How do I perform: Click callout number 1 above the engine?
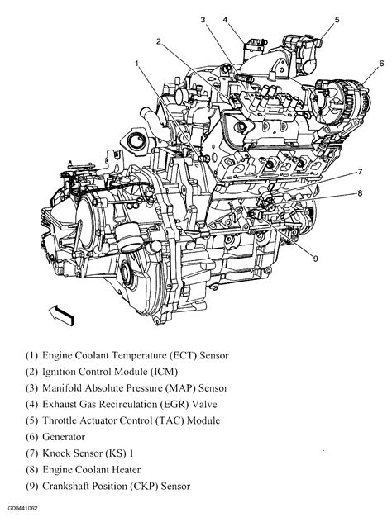137,63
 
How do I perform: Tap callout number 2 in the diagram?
159,41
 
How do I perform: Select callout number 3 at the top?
203,20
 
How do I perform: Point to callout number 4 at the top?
225,20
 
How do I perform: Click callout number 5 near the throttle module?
337,20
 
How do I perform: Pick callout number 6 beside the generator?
381,63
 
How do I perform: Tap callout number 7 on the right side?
360,172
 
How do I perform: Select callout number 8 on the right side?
360,193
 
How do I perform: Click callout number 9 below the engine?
315,259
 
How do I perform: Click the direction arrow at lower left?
61,316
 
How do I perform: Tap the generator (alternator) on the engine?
342,97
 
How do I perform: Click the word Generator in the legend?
64,437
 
